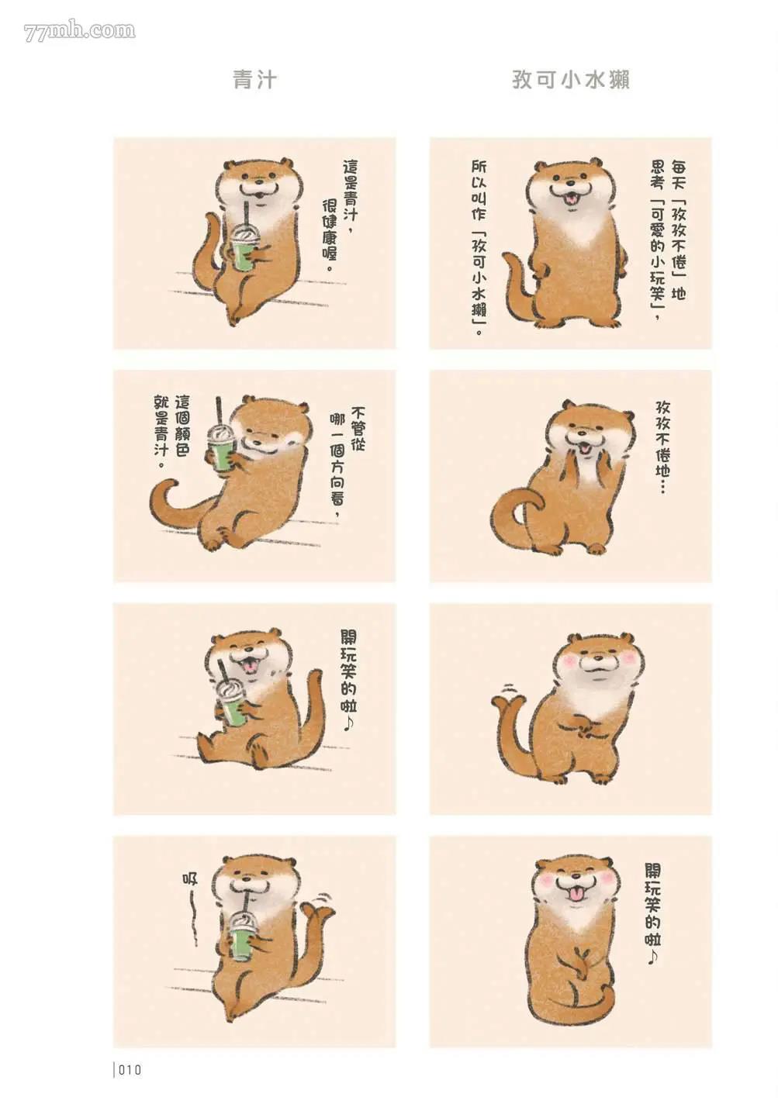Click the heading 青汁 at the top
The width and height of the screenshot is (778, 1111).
[x=255, y=80]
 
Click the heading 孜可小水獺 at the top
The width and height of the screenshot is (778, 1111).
[x=571, y=80]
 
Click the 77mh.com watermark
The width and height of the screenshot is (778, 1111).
[x=79, y=31]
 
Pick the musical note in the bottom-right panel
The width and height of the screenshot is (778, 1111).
[x=652, y=957]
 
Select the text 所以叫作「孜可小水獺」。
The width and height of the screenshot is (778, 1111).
[x=479, y=247]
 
